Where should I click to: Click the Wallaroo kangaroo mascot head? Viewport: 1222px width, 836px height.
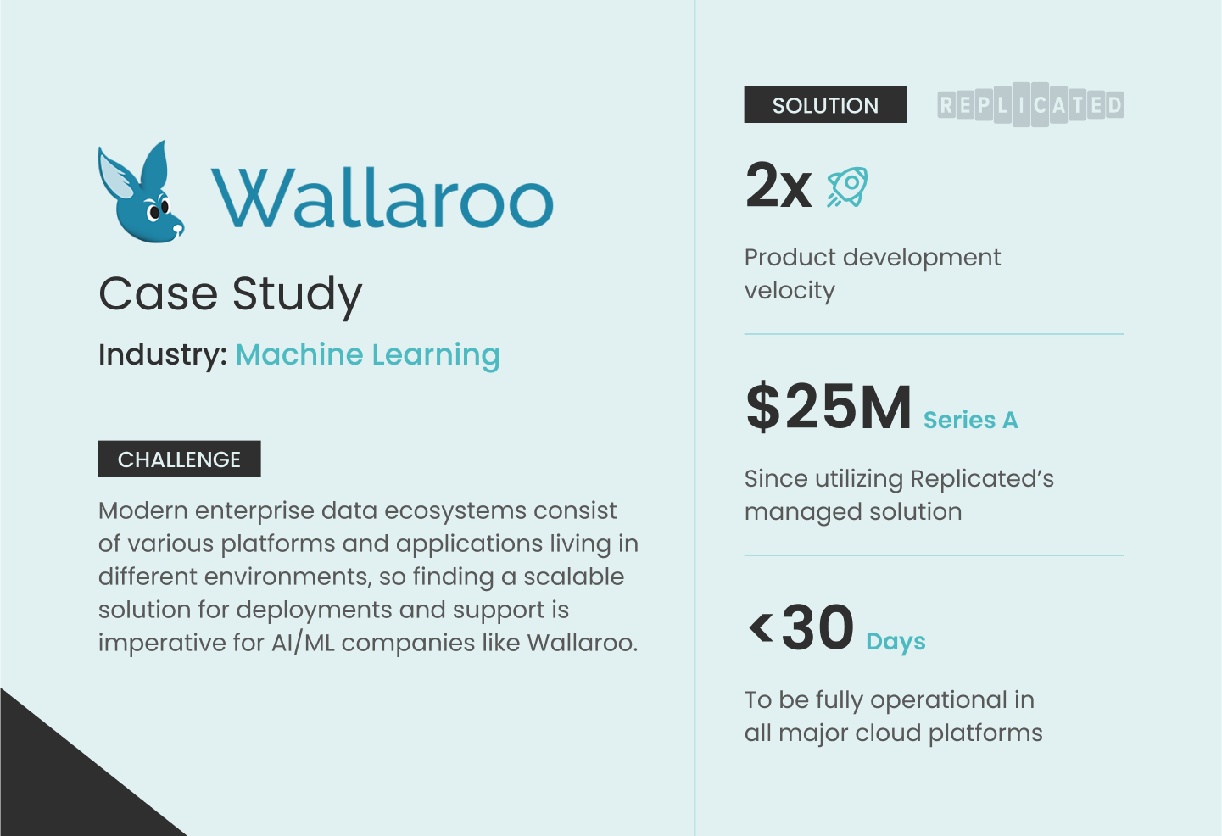(x=140, y=195)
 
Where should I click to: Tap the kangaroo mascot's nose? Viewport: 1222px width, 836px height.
(x=178, y=227)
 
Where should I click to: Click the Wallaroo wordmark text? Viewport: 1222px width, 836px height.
(x=382, y=198)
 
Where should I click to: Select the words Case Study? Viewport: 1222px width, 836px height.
(x=231, y=294)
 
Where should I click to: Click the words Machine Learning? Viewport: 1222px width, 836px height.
(x=367, y=354)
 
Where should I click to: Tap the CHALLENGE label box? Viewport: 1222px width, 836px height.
(x=179, y=460)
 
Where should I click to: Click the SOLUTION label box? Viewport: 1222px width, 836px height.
(x=825, y=105)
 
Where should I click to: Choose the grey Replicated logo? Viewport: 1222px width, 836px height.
(x=1030, y=105)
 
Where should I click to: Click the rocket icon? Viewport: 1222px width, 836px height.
(x=847, y=187)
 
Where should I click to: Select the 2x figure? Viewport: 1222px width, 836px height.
(x=778, y=186)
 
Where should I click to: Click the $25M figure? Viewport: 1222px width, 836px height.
(x=829, y=408)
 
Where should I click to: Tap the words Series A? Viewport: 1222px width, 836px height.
(x=970, y=421)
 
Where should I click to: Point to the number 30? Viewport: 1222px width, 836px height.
(x=817, y=628)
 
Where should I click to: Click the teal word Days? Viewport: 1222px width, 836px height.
(x=896, y=642)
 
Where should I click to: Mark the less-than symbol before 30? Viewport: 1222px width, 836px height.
(x=761, y=628)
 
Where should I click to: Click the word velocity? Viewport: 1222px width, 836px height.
(x=790, y=291)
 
